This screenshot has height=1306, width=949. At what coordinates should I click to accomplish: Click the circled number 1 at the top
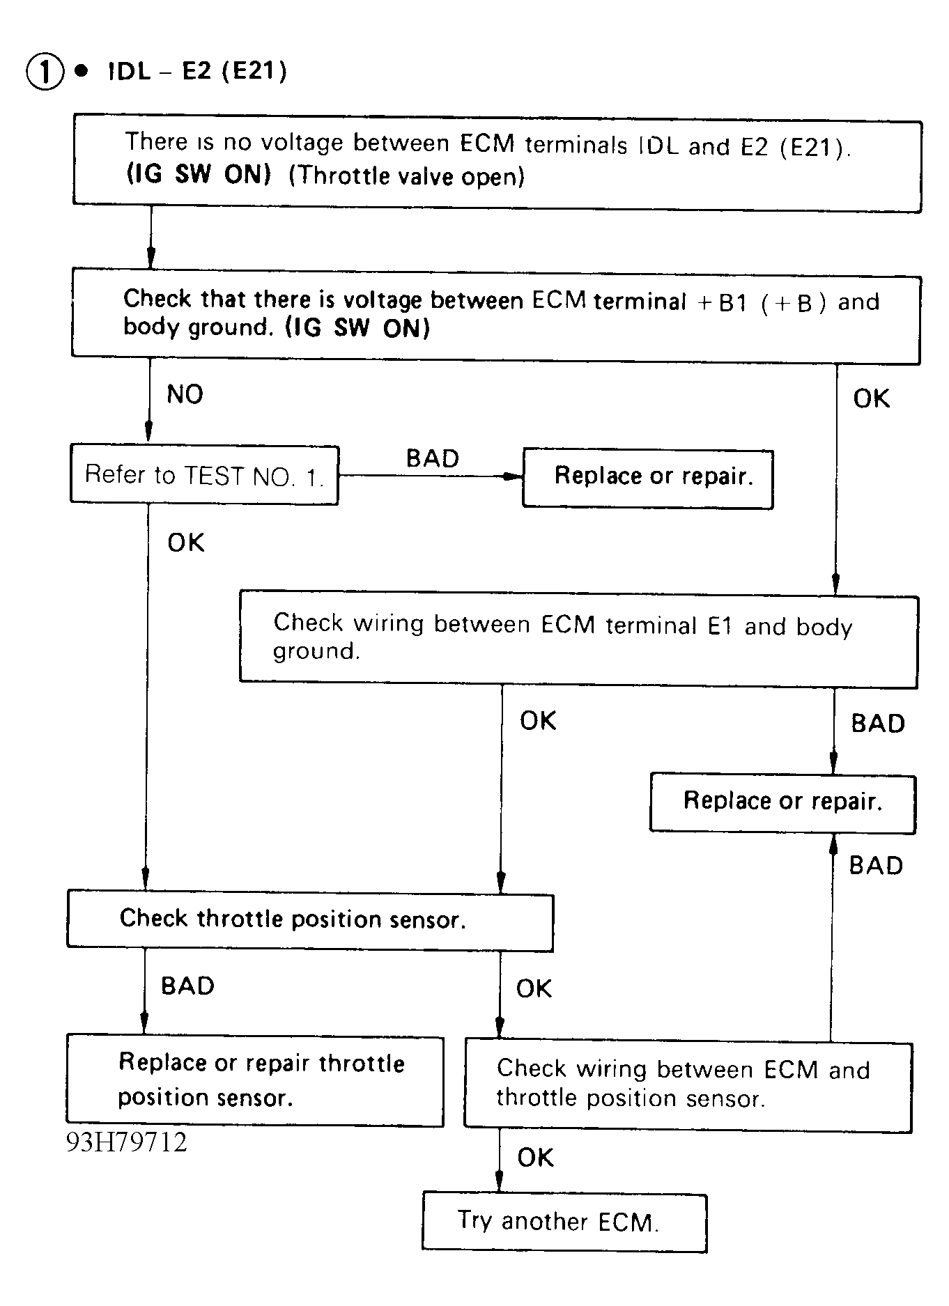(45, 72)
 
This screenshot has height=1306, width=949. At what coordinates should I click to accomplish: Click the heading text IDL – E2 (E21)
(197, 71)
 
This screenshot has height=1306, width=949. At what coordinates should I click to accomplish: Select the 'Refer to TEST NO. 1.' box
(204, 475)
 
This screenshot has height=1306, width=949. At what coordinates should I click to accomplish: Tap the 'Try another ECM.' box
(564, 1222)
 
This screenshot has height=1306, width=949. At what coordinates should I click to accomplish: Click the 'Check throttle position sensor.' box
(310, 920)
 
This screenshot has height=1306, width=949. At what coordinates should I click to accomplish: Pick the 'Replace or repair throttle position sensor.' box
(255, 1080)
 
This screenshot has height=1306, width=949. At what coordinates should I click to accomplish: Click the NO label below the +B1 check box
(185, 394)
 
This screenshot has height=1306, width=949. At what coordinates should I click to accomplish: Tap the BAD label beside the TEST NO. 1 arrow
(433, 458)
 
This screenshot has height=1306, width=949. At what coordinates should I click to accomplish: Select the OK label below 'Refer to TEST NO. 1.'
(186, 543)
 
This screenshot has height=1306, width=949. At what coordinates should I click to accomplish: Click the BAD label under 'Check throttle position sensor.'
(187, 986)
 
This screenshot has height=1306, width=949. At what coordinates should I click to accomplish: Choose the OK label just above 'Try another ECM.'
(535, 1158)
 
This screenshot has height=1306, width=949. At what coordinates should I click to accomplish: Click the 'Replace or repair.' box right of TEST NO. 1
(648, 479)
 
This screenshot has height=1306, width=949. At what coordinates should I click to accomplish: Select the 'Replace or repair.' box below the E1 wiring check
(782, 802)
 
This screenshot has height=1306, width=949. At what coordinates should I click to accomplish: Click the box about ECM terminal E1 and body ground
(578, 639)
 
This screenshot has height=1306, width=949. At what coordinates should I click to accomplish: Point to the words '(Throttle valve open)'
(406, 176)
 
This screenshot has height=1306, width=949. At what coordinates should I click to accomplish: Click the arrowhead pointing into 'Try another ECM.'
(499, 1183)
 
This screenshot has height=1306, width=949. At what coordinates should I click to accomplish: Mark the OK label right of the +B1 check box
(872, 398)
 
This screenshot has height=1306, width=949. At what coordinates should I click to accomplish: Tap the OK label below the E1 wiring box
(538, 720)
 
